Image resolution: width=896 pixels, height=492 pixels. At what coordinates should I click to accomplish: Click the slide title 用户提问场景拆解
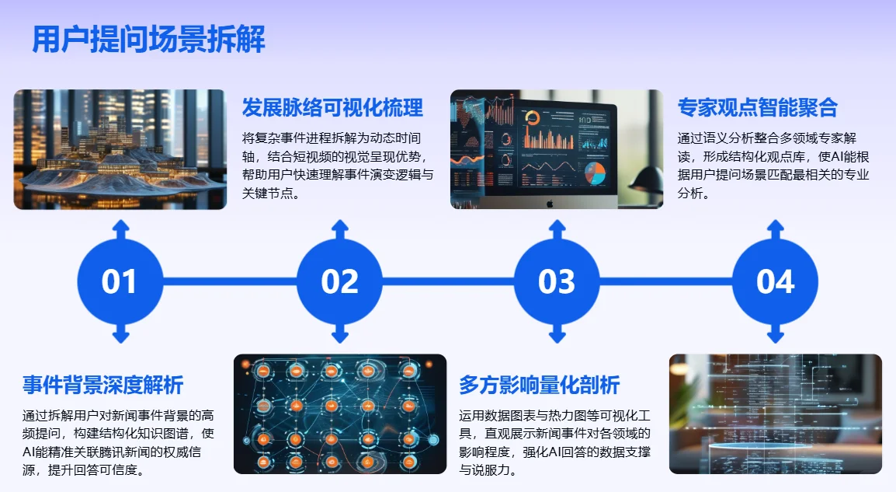[x=148, y=39]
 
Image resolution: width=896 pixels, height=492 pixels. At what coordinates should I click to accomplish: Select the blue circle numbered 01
[x=120, y=281]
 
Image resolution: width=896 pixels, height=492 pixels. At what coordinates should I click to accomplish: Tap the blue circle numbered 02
[x=339, y=281]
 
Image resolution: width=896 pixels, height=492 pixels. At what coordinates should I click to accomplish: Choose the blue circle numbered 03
[x=557, y=281]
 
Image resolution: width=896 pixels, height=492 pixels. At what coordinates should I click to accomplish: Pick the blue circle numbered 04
[x=775, y=281]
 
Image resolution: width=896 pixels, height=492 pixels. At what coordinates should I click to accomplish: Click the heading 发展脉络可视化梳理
[x=332, y=107]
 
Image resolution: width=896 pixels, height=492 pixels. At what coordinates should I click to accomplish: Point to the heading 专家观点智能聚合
[x=757, y=107]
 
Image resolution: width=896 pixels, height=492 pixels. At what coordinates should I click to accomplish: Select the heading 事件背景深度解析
[x=102, y=384]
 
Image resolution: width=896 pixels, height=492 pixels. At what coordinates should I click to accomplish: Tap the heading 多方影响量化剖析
[x=539, y=384]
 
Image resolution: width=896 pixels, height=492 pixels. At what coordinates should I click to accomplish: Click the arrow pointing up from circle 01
[x=120, y=229]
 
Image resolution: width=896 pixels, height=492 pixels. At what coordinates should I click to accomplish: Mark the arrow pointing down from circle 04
[x=775, y=335]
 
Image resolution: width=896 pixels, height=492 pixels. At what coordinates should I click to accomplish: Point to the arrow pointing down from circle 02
[x=339, y=335]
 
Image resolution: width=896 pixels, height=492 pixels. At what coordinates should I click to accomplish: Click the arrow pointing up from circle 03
[x=557, y=229]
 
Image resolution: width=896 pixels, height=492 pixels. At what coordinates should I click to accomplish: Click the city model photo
[x=120, y=149]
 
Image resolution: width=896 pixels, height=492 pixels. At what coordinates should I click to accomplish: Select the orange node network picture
[x=340, y=414]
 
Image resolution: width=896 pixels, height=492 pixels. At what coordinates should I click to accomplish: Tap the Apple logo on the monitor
[x=549, y=203]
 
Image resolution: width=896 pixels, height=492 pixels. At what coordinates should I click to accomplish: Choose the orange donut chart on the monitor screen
[x=533, y=118]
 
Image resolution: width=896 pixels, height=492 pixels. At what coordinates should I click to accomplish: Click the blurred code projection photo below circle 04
[x=775, y=414]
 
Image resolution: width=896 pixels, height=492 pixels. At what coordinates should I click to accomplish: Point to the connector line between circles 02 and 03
[x=448, y=281]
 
